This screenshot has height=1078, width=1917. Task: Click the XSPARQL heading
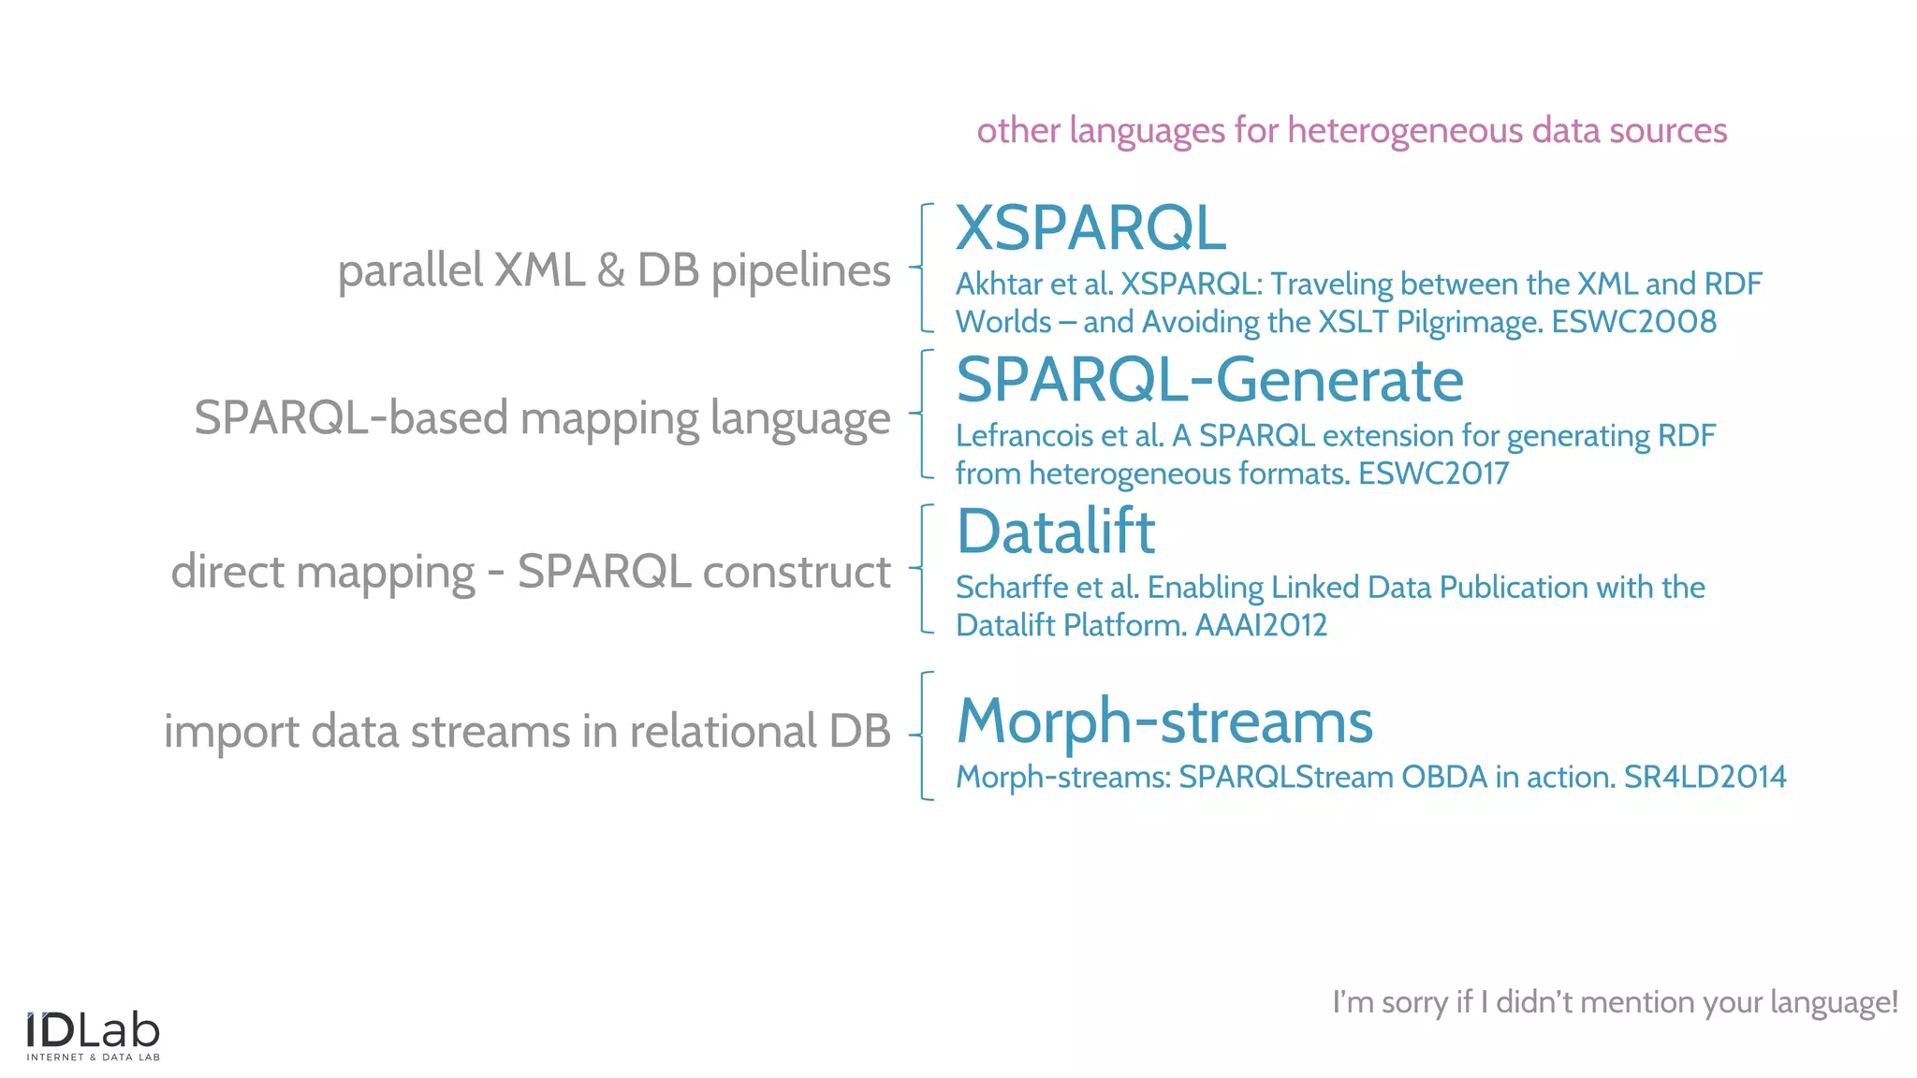pos(1090,228)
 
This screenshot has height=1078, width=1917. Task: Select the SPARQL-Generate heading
pos(1209,380)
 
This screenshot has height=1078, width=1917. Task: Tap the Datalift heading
pos(1056,532)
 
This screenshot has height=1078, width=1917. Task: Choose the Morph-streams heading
pos(1164,721)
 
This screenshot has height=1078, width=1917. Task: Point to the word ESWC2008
pos(1633,322)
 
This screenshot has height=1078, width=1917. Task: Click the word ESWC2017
pos(1433,473)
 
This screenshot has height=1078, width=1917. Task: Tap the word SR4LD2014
pos(1705,777)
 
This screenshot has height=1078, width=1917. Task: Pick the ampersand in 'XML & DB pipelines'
pos(610,270)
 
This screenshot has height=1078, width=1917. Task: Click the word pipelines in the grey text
pos(800,271)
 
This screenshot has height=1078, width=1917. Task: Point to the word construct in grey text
pos(797,572)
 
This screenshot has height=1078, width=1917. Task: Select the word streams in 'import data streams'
pos(490,732)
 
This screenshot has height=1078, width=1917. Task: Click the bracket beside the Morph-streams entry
pos(925,736)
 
